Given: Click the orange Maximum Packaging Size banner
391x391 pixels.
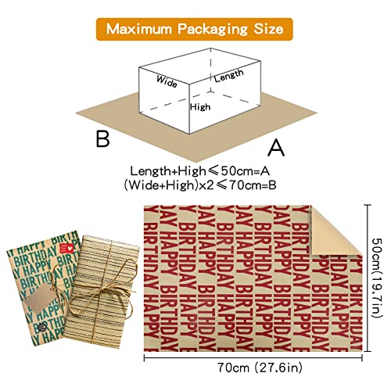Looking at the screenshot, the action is (x=195, y=29).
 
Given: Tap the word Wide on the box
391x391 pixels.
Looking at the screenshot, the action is (x=167, y=81).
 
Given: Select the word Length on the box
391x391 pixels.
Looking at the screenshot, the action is (x=229, y=76).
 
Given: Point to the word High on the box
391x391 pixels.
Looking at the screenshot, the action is (x=200, y=107).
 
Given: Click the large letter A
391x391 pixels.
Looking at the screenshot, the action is (x=276, y=148).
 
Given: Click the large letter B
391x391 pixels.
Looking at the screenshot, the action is (x=103, y=138).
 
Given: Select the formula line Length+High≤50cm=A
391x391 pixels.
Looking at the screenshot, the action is (x=200, y=171).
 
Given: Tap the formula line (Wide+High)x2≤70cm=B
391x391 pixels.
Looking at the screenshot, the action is (x=200, y=185).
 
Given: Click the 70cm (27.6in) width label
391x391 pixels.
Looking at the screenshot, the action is (x=260, y=368).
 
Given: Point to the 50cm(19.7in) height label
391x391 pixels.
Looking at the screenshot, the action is (x=376, y=278).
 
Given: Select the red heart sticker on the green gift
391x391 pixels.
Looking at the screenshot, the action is (x=66, y=248).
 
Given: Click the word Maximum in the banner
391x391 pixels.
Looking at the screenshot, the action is (x=139, y=29).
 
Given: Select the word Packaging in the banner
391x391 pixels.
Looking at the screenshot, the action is (x=213, y=30).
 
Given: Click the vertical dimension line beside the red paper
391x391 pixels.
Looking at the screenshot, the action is (x=368, y=278).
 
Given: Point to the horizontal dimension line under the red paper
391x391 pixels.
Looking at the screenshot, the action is (x=253, y=358).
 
